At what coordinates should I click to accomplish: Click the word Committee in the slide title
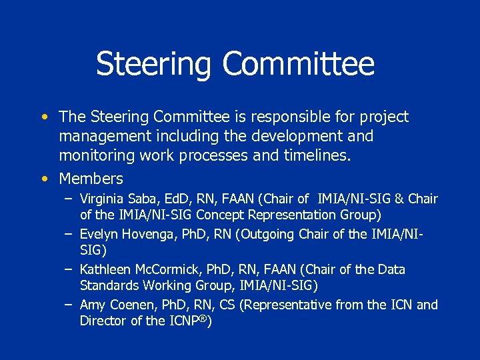[298, 64]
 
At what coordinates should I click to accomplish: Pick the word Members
[91, 179]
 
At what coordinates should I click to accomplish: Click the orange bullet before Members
[43, 179]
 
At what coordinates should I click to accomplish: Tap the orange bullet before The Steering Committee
[43, 117]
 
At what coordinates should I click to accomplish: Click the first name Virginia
[101, 199]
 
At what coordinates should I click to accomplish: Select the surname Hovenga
[147, 234]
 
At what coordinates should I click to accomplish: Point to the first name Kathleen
[105, 270]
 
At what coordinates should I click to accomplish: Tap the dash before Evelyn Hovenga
[69, 234]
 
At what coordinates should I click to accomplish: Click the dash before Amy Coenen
[69, 305]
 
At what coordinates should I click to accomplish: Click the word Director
[103, 321]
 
